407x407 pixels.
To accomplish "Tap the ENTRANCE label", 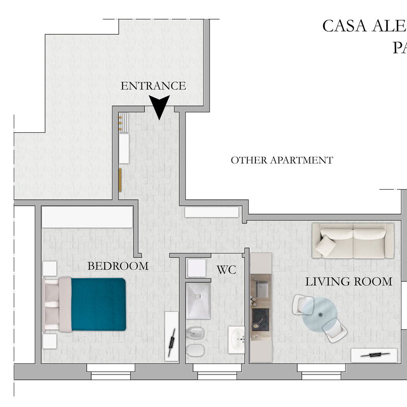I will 153,86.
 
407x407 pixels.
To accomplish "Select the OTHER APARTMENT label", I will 282,160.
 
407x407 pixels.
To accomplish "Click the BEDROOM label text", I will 118,266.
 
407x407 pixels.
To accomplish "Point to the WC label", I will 226,270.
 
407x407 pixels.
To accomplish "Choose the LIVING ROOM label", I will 348,281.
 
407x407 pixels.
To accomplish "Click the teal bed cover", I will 98,304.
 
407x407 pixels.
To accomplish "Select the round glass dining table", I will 319,315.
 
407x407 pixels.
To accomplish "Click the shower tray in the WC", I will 198,301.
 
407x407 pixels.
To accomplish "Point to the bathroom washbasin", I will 236,339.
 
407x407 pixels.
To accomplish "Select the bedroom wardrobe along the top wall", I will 87,217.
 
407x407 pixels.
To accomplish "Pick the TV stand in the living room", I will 374,355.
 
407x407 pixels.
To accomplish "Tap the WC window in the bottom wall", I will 213,372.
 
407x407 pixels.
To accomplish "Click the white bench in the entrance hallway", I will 124,148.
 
